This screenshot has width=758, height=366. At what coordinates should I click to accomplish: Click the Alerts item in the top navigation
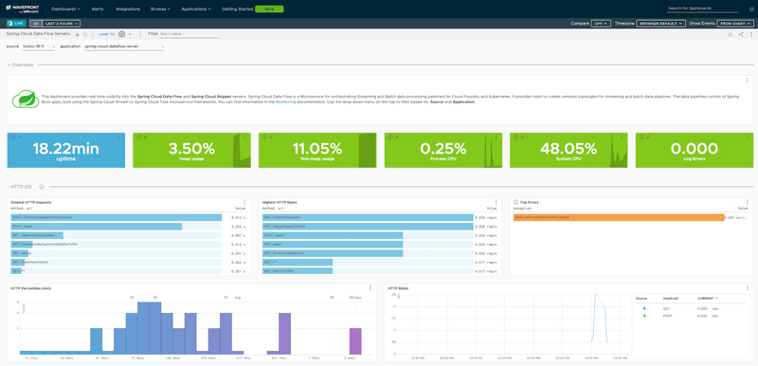[x=98, y=8]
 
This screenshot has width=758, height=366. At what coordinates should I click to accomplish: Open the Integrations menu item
[x=128, y=8]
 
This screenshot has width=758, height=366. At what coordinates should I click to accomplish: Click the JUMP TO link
[x=107, y=33]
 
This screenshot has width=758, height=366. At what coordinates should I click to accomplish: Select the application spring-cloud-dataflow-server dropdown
[x=124, y=46]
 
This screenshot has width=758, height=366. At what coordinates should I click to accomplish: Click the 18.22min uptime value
[x=65, y=148]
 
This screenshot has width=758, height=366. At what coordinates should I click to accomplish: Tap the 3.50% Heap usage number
[x=190, y=148]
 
